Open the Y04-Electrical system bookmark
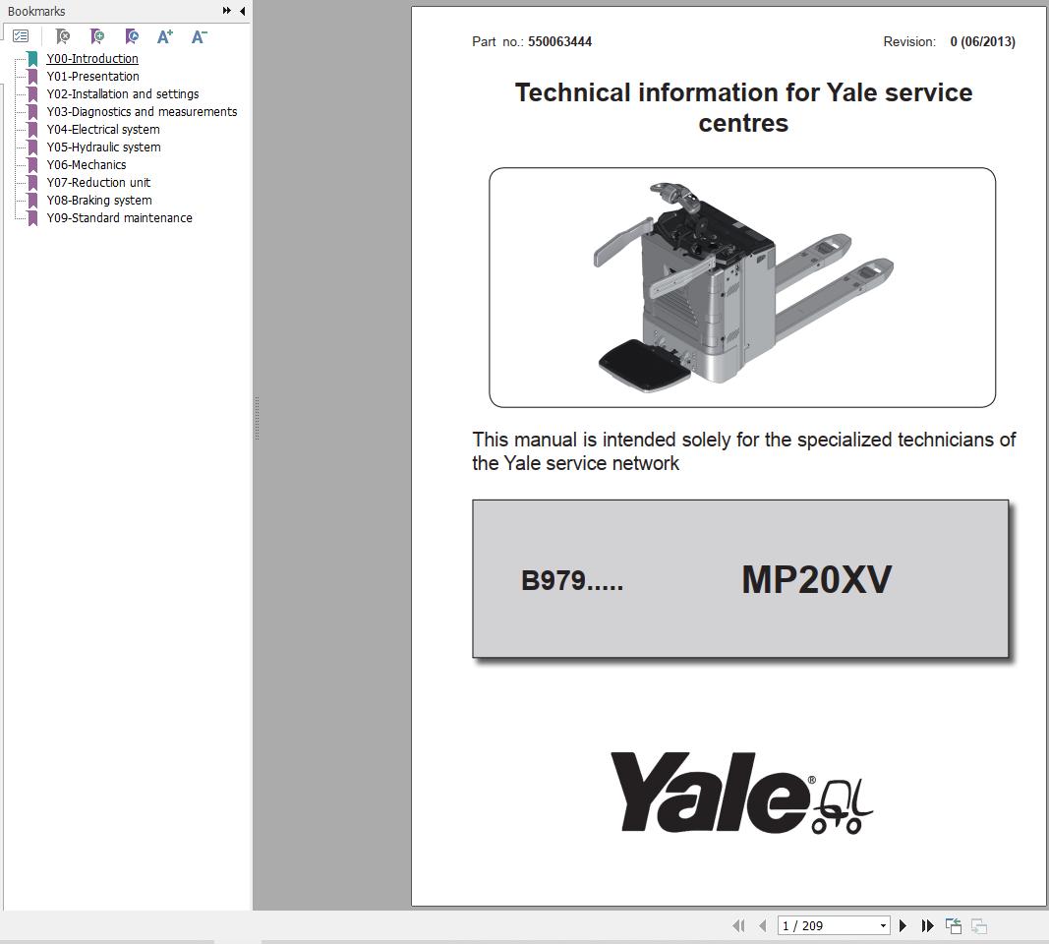click(x=102, y=129)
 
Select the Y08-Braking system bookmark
click(x=98, y=200)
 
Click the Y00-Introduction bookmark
click(x=91, y=58)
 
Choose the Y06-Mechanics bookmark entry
click(x=86, y=164)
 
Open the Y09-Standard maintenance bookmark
click(x=119, y=217)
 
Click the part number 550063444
click(x=559, y=41)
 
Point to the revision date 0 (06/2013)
click(x=982, y=41)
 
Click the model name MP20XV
click(x=816, y=579)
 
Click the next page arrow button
click(x=903, y=925)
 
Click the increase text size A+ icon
click(x=165, y=36)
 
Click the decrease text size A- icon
click(x=199, y=36)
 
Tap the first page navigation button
click(x=738, y=925)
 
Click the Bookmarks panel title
click(x=36, y=11)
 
